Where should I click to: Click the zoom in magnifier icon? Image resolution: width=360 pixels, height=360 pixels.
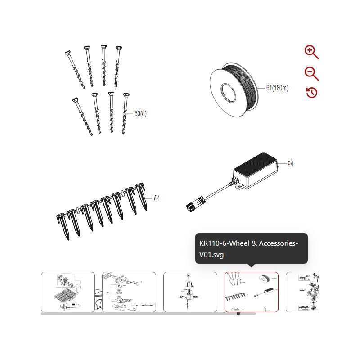(311, 52)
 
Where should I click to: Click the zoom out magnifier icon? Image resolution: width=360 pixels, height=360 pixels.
(311, 73)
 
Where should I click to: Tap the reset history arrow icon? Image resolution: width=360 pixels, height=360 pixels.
(311, 93)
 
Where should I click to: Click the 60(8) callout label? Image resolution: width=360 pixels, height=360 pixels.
(140, 114)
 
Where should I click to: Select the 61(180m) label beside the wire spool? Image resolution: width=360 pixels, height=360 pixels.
(277, 88)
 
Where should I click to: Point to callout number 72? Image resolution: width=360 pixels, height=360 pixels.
(156, 198)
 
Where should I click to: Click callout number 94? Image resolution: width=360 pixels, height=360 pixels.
(290, 164)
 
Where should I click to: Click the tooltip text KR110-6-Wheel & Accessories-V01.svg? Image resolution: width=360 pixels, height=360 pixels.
(248, 249)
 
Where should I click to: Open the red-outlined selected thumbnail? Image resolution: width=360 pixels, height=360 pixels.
(251, 292)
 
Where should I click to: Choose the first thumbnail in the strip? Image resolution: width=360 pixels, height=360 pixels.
(68, 292)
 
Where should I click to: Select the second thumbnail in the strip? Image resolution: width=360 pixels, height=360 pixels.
(129, 292)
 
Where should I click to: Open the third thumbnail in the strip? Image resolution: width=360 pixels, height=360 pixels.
(190, 292)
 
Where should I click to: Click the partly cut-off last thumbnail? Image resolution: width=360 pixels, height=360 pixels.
(302, 292)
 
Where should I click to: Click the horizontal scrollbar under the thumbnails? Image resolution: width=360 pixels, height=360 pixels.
(148, 314)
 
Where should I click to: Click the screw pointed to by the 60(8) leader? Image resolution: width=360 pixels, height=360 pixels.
(125, 114)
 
